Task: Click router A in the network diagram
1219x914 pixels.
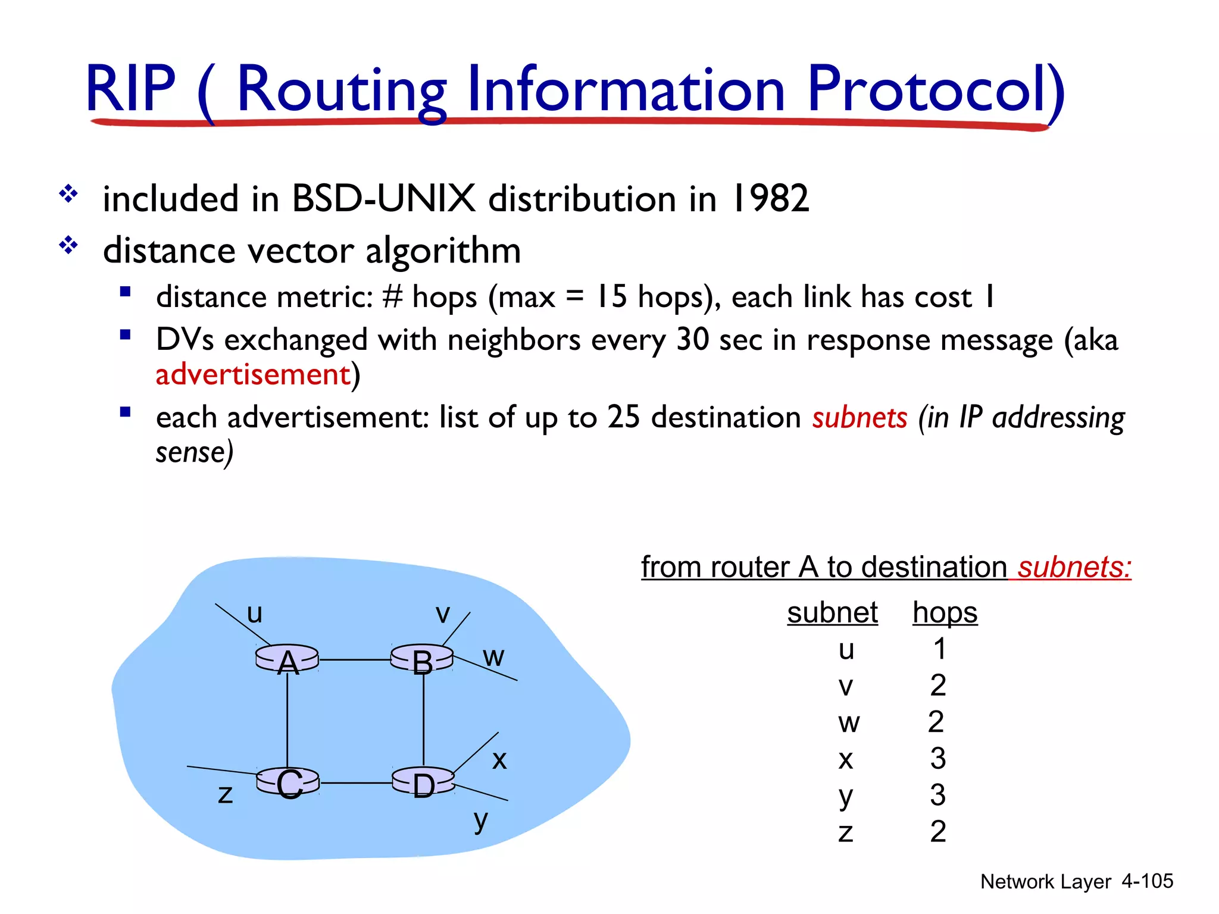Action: click(287, 660)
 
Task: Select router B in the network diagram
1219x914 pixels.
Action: click(422, 660)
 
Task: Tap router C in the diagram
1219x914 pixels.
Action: click(288, 782)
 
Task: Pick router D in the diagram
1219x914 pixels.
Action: click(423, 783)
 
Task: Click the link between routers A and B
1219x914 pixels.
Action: click(355, 660)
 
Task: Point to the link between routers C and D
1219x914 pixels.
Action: click(356, 783)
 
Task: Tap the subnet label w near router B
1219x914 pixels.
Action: click(493, 657)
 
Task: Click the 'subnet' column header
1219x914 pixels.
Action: click(832, 612)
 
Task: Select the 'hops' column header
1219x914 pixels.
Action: click(945, 612)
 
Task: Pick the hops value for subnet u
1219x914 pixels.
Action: click(939, 649)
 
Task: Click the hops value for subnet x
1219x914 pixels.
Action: click(938, 759)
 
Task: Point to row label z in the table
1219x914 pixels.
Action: click(845, 832)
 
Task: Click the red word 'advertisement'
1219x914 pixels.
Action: click(253, 374)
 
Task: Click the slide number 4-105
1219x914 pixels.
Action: click(1147, 881)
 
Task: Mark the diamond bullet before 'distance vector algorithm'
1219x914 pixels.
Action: click(68, 245)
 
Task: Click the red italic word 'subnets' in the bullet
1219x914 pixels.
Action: click(859, 417)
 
